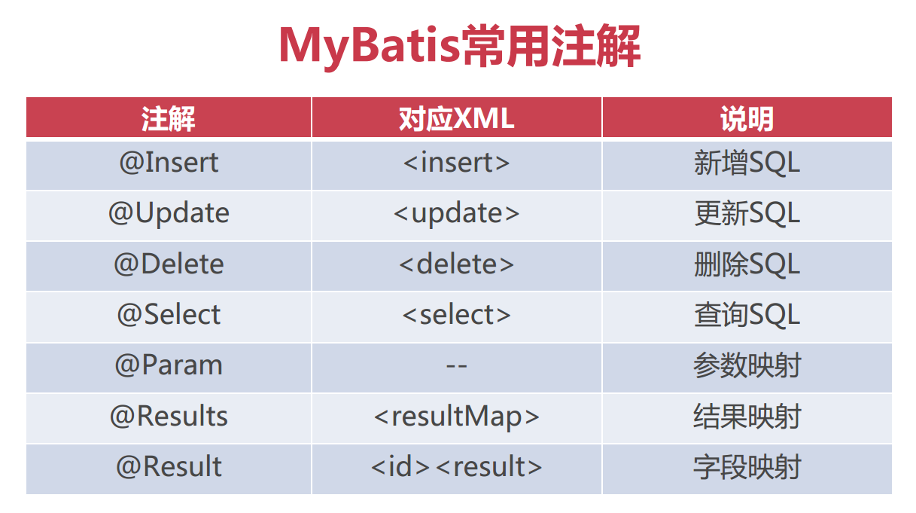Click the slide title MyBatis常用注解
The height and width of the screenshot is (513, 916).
pos(460,46)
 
